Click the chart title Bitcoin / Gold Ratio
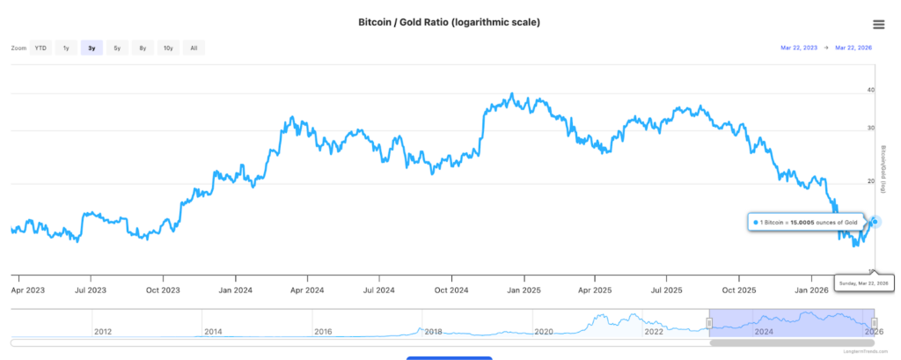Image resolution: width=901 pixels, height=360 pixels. pyautogui.click(x=450, y=22)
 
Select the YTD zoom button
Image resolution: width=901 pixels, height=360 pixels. pyautogui.click(x=40, y=48)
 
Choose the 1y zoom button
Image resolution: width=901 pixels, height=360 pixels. pyautogui.click(x=66, y=48)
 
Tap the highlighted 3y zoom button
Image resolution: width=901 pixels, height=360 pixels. pyautogui.click(x=92, y=48)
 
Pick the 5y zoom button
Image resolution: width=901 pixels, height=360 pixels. pyautogui.click(x=117, y=48)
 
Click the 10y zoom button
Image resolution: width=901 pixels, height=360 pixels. pyautogui.click(x=167, y=48)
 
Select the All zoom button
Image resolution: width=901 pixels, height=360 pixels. pyautogui.click(x=194, y=48)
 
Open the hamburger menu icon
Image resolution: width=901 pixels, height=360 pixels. pyautogui.click(x=878, y=25)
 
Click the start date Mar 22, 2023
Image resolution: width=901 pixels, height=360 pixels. pyautogui.click(x=799, y=48)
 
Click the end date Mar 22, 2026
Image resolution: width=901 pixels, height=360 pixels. pyautogui.click(x=853, y=48)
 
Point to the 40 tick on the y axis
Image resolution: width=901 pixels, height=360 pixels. pyautogui.click(x=870, y=90)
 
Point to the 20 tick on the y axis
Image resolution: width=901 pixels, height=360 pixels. pyautogui.click(x=870, y=181)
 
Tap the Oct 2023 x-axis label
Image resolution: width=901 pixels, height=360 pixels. pyautogui.click(x=164, y=289)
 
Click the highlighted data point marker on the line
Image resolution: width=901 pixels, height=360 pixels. pyautogui.click(x=875, y=222)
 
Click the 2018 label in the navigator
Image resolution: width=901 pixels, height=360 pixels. pyautogui.click(x=432, y=331)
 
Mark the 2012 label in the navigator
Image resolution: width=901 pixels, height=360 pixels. pyautogui.click(x=102, y=331)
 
